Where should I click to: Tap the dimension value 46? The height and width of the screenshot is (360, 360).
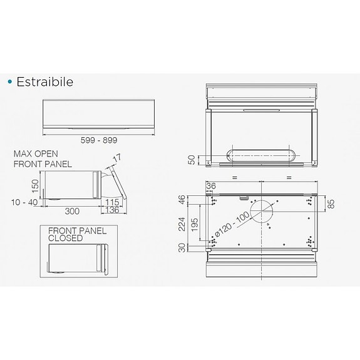tap(183, 200)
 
